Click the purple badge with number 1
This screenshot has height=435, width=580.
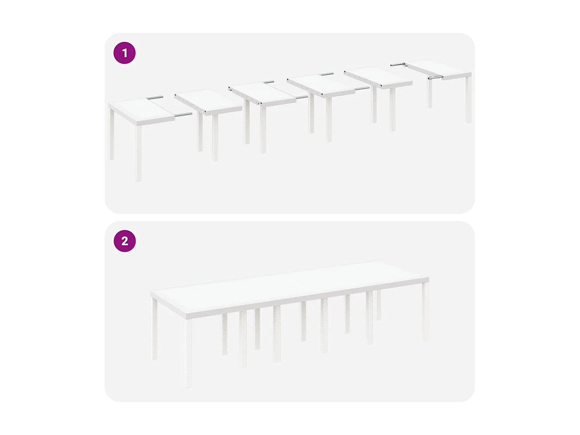pyautogui.click(x=125, y=53)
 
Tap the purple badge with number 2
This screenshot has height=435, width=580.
pyautogui.click(x=125, y=241)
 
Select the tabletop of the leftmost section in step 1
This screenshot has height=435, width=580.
pyautogui.click(x=141, y=111)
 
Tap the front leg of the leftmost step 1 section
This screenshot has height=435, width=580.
pyautogui.click(x=138, y=153)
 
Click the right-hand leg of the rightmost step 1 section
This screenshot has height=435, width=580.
pyautogui.click(x=468, y=100)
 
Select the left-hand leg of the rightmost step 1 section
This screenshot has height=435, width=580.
pyautogui.click(x=430, y=93)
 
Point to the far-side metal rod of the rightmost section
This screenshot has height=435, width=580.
pyautogui.click(x=397, y=65)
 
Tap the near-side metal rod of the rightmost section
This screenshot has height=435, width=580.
pyautogui.click(x=435, y=78)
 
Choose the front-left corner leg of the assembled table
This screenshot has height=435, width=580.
pyautogui.click(x=188, y=352)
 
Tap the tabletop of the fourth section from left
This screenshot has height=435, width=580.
pyautogui.click(x=321, y=85)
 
